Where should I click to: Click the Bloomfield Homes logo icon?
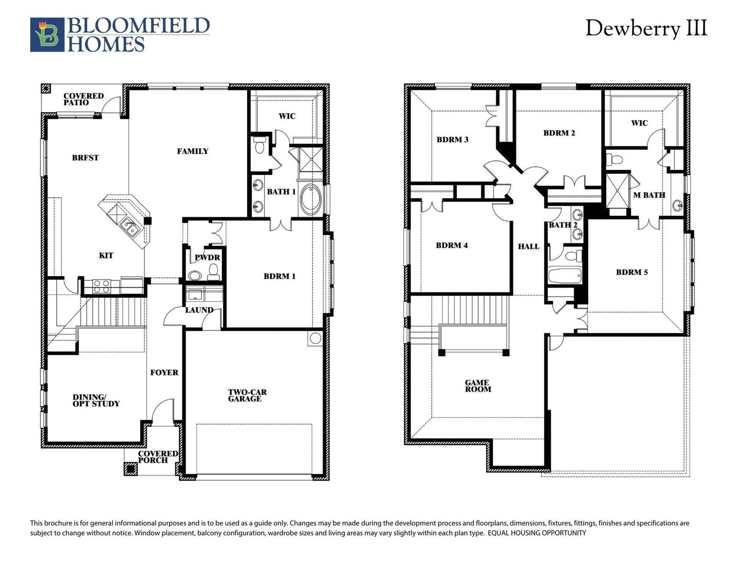47,35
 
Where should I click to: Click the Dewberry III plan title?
646,28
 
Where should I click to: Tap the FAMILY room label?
192,151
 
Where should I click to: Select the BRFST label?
85,158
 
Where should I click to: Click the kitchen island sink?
129,226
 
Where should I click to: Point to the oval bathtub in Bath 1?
311,199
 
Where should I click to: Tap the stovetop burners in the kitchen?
101,287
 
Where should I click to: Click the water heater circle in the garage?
315,338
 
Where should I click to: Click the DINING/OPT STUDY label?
96,400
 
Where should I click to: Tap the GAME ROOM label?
478,386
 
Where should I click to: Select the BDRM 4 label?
452,246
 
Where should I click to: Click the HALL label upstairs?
528,247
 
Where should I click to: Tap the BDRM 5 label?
632,273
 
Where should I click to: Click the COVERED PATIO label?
83,99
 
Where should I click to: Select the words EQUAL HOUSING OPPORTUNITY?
537,533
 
